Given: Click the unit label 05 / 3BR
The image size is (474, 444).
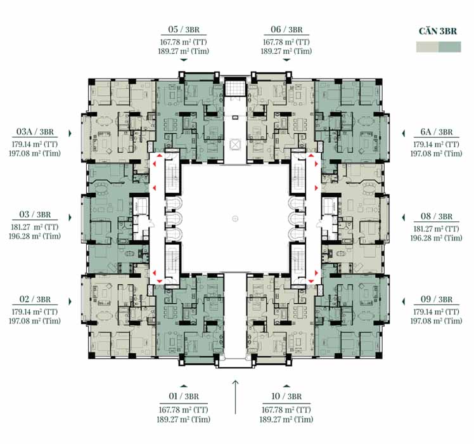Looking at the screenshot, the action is tap(184, 29).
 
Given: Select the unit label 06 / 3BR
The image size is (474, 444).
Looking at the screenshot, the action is tap(286, 29).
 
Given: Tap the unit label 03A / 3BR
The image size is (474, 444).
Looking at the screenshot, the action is tap(35, 132).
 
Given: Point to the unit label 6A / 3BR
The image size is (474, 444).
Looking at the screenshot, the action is tap(437, 132).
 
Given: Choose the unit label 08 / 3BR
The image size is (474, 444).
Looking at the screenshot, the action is tap(437, 216).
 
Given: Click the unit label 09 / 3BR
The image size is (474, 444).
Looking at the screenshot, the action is tap(437, 299).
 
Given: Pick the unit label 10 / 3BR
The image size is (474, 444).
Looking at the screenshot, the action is tap(286, 396).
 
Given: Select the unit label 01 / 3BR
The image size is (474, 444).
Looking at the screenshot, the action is tap(184, 396).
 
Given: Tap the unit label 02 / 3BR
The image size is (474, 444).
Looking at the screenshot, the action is tap(35, 299).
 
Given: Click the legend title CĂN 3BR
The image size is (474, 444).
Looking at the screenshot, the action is tap(438, 31).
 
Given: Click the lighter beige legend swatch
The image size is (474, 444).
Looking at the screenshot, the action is tap(427, 47).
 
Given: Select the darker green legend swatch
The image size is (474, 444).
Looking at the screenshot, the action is tap(450, 47).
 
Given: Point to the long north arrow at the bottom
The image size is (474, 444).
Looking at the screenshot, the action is tap(236, 397).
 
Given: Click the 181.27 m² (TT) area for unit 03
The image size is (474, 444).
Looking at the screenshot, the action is tap(35, 227).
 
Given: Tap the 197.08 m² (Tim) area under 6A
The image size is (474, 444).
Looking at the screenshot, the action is tap(436, 153).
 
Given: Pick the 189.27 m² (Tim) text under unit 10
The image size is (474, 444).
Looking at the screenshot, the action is tap(286, 419).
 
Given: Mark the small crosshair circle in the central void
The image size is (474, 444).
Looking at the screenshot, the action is tap(235, 219).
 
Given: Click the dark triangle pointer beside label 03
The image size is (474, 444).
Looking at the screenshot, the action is tap(70, 218).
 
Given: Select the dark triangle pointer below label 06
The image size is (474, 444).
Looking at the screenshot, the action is tap(286, 60).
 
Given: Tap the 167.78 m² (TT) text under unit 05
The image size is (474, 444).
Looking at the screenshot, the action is tap(184, 42).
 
